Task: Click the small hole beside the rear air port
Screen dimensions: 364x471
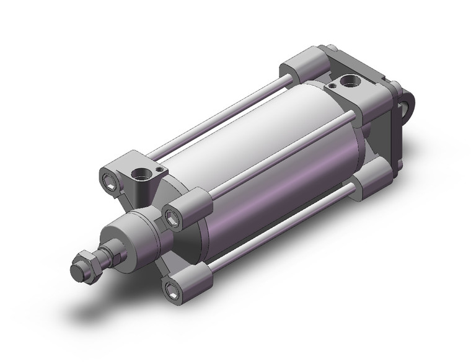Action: pos(333,85)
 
